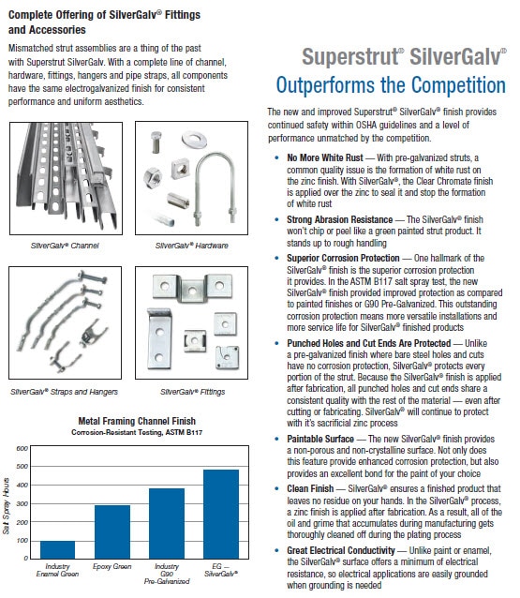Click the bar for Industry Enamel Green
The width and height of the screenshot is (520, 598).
57,548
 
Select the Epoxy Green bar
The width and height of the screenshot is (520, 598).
113,531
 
